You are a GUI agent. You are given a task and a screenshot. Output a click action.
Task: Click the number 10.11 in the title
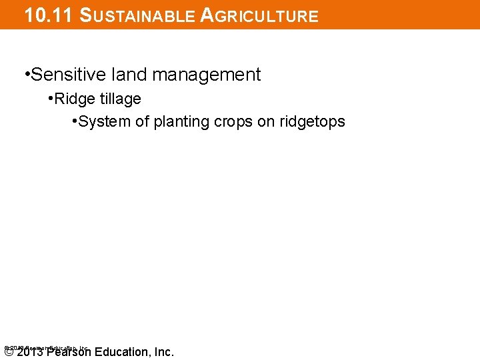[47, 15]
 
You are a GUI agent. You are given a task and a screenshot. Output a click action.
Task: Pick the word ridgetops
[314, 122]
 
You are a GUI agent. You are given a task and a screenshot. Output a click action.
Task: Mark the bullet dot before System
[75, 121]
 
